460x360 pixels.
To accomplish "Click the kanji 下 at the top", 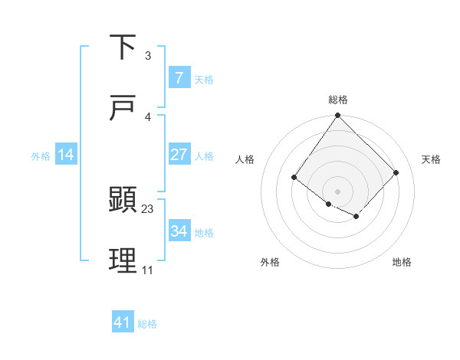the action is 123,47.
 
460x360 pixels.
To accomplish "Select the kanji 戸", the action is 123,108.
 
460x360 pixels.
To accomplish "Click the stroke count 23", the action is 148,208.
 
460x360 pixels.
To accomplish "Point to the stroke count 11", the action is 147,270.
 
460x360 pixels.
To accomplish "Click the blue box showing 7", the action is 179,77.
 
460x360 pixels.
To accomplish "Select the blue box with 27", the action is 179,155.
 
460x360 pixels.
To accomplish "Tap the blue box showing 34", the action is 179,231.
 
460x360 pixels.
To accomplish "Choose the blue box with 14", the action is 66,155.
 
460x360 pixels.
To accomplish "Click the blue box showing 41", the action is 123,322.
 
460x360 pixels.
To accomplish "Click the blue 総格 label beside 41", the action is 147,324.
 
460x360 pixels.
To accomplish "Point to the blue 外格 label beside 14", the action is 41,155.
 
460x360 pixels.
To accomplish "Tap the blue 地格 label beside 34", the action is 205,232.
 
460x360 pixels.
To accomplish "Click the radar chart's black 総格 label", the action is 338,100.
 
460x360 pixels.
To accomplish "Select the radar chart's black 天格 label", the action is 431,159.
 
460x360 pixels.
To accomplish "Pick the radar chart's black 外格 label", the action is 270,262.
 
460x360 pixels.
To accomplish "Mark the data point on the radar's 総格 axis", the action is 337,116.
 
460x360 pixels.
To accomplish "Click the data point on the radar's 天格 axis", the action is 396,172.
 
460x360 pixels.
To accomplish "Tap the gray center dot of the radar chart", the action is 337,191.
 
